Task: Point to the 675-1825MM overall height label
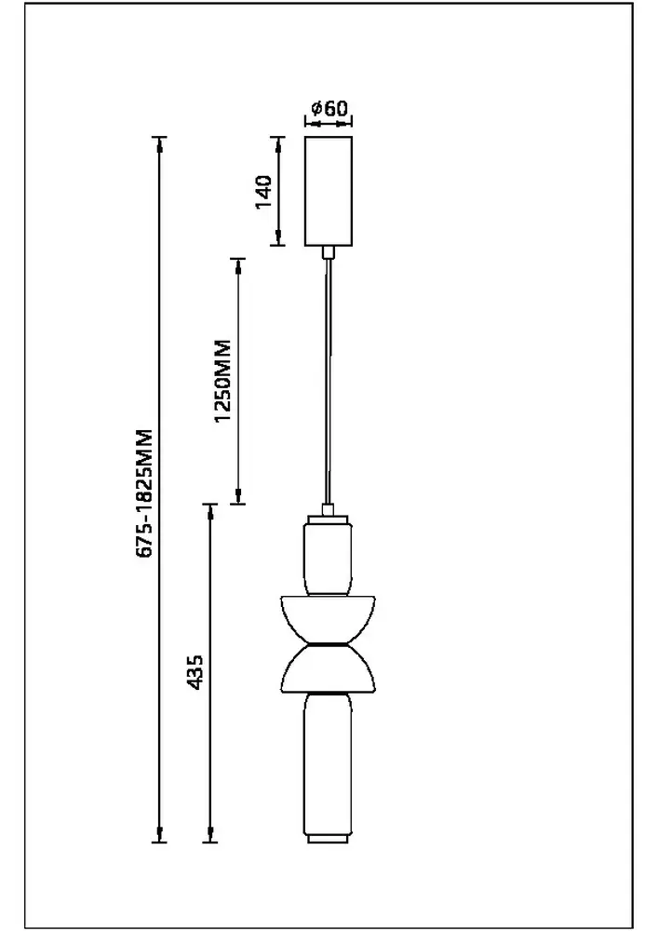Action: pos(144,493)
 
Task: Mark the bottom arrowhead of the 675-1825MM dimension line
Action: pos(160,835)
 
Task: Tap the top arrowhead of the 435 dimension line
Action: pos(210,512)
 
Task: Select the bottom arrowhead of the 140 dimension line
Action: pos(278,239)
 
